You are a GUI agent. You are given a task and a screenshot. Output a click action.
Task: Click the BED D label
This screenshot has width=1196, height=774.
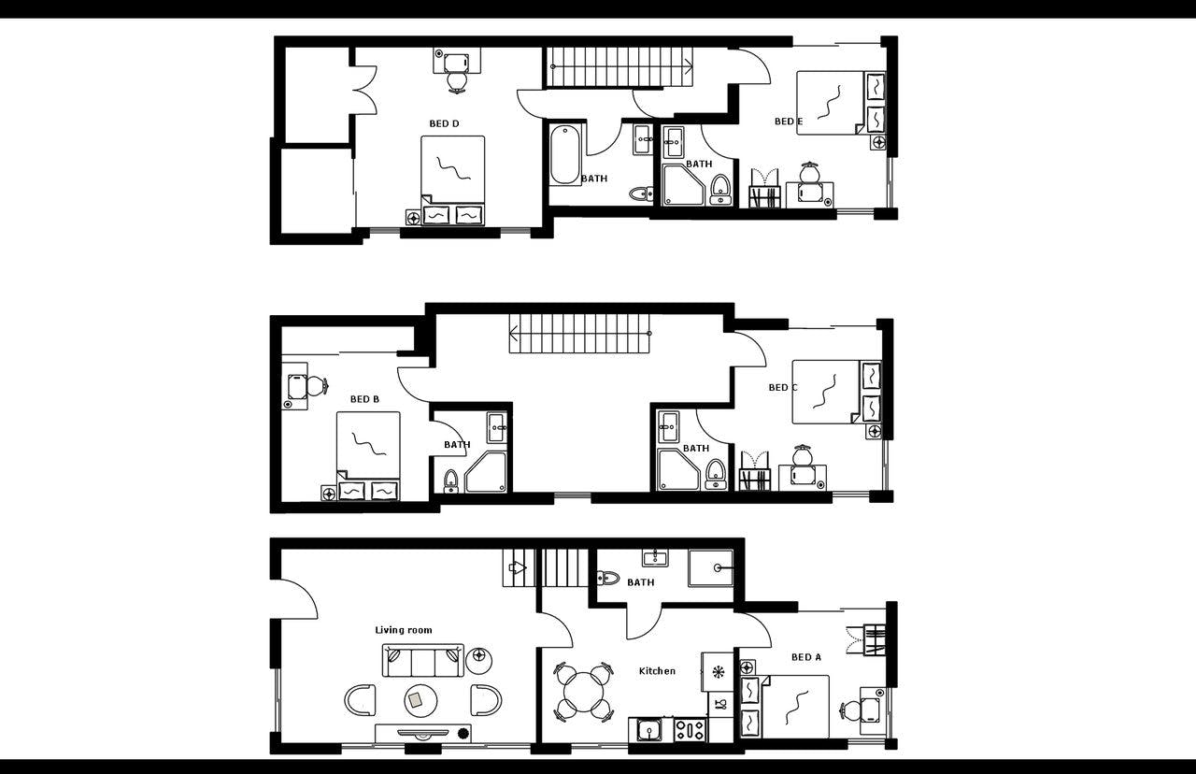coord(444,123)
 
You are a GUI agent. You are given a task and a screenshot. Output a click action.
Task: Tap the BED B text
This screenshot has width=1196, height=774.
coord(364,399)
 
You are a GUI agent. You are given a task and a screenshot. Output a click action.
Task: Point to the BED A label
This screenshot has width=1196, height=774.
coord(805,657)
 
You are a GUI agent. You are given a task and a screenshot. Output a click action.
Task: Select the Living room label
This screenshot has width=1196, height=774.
coord(404,630)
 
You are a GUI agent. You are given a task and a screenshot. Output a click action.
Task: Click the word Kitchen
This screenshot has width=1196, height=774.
coord(657,671)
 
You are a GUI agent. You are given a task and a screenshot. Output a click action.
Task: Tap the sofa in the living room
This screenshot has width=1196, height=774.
coord(423,661)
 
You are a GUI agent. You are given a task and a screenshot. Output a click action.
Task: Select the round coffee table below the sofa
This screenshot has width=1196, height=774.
coord(420,699)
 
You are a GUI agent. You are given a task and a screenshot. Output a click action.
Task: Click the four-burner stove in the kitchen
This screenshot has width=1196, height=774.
coord(691,727)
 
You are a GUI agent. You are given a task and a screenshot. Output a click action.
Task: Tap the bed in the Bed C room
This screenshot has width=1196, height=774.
coord(826,392)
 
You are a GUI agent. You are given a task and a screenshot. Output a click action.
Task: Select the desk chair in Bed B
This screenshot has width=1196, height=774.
coord(316,385)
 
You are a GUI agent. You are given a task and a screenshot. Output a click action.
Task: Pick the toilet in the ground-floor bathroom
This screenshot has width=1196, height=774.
coord(607,577)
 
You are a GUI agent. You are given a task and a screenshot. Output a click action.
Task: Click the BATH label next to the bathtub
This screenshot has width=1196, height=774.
coord(594,179)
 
